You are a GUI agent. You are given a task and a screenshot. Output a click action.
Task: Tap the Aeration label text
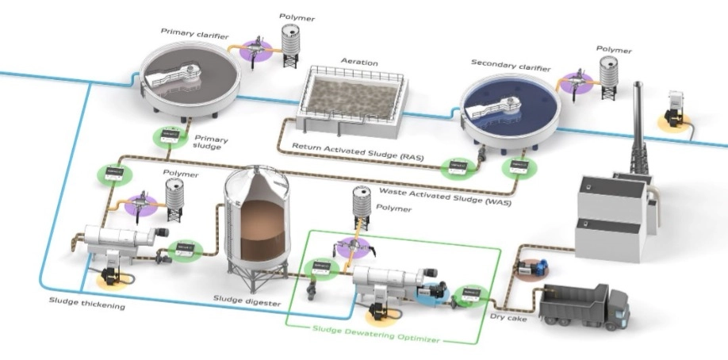coord(359,62)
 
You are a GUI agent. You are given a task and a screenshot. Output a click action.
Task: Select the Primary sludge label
coord(210,140)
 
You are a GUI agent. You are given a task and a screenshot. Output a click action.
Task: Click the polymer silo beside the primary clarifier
coord(292,44)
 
